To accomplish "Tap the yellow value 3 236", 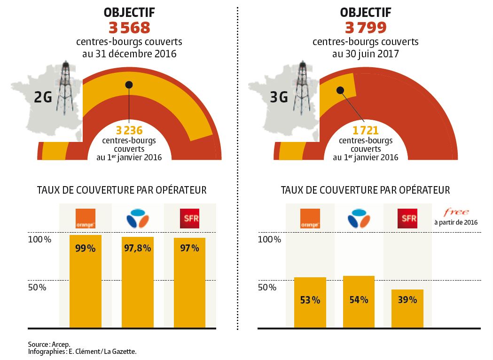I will [x=129, y=131].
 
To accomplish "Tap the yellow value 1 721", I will [x=366, y=131].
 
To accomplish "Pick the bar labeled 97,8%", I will [x=137, y=282].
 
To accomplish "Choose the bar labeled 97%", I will [x=189, y=282].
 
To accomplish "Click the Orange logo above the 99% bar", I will [x=86, y=218].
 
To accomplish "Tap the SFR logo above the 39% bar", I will [x=407, y=218].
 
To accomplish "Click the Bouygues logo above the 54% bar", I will [x=359, y=218].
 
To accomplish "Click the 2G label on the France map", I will [x=43, y=97].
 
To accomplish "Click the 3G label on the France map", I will [x=279, y=97].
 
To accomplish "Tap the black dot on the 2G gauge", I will [x=129, y=85].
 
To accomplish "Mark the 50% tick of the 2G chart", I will [x=37, y=287].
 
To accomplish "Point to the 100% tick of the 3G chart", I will [x=270, y=239].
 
